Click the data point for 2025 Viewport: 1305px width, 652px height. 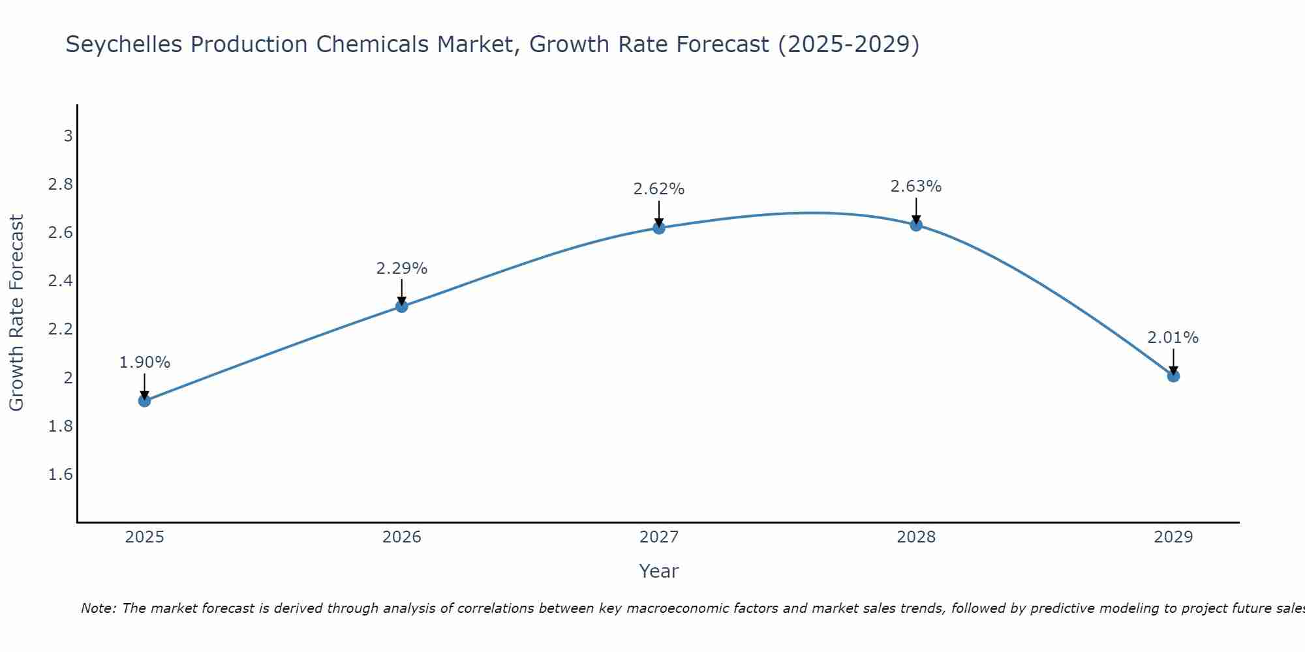[x=145, y=400]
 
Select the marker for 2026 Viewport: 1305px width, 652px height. [x=402, y=306]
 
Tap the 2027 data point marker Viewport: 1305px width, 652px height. [x=659, y=228]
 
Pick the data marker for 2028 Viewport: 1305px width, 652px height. [x=916, y=225]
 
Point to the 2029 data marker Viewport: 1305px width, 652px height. [x=1173, y=376]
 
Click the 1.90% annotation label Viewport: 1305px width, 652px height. [x=145, y=363]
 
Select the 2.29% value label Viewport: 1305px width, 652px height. [x=402, y=268]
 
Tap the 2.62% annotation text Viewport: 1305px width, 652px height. [x=659, y=189]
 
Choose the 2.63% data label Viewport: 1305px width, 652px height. [x=916, y=186]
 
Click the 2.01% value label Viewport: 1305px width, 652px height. [x=1173, y=338]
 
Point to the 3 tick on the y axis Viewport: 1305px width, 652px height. [x=68, y=136]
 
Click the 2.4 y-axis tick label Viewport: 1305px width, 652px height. [x=61, y=281]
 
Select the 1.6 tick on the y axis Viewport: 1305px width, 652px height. [x=61, y=474]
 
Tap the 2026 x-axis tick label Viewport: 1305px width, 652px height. [x=402, y=537]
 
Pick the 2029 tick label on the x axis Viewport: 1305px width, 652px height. [x=1173, y=537]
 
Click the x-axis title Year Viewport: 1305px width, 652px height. [x=659, y=571]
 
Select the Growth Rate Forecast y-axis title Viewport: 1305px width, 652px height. [x=17, y=312]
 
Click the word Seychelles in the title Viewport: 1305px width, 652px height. [x=122, y=45]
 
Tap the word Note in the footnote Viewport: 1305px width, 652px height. [x=98, y=608]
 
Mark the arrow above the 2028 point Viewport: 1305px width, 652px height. [x=916, y=210]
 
